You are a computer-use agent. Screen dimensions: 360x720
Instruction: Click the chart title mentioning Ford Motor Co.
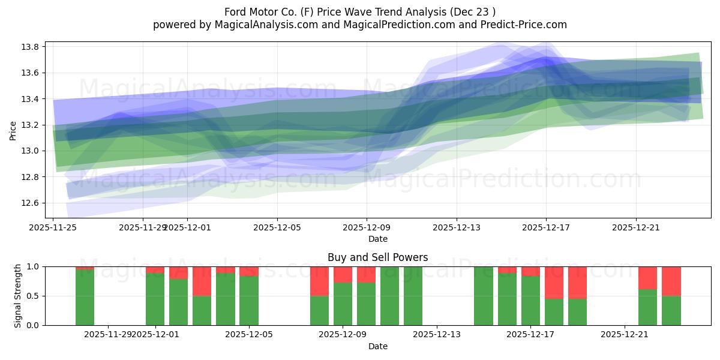pos(360,12)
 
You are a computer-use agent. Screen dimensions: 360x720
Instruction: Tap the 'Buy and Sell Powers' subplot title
pos(378,257)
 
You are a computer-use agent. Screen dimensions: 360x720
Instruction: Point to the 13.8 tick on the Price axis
pos(32,47)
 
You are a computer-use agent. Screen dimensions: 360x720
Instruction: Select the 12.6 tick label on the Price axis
pos(32,203)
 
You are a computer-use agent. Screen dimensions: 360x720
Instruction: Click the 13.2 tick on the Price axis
pos(32,125)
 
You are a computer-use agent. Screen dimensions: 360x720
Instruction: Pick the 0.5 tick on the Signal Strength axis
pos(32,296)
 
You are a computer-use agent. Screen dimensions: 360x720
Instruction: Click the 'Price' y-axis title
pos(13,130)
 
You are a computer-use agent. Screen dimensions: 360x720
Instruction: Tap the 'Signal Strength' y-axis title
pos(18,296)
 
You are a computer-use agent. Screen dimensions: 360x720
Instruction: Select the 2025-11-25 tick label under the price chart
pos(53,227)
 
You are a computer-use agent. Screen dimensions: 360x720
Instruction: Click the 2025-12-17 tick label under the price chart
pos(546,227)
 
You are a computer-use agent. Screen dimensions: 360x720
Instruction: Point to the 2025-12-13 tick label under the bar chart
pos(436,335)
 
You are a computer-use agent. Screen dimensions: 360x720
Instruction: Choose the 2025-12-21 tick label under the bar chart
pos(625,335)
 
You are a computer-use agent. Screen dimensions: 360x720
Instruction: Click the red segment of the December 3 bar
pos(202,281)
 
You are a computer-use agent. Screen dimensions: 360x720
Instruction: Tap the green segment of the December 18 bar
pos(554,311)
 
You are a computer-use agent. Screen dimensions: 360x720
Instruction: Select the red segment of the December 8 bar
pos(319,281)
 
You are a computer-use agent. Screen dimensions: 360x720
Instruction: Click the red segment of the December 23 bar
pos(671,281)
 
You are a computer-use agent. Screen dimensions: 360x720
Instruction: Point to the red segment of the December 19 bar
pos(577,282)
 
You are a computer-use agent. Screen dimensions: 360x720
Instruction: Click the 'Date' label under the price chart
pos(378,239)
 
